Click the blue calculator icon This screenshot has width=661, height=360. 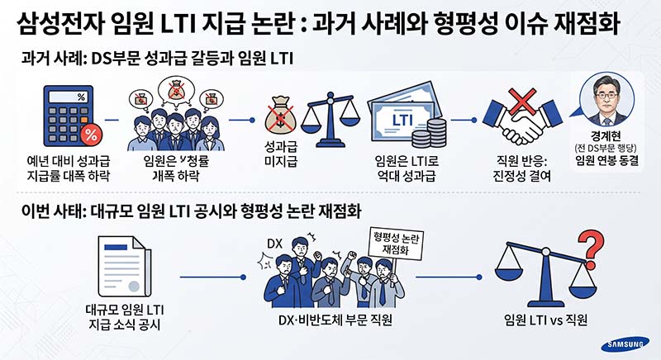tap(69, 116)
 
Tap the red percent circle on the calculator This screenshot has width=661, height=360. tap(91, 135)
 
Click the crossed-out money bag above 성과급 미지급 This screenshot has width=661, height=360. tap(280, 116)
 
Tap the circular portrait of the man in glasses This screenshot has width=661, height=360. tap(606, 100)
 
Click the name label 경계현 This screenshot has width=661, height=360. tap(606, 136)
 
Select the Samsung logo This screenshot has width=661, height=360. tap(625, 345)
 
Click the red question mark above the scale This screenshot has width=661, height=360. tap(592, 245)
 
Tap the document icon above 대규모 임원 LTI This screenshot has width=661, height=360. tap(124, 267)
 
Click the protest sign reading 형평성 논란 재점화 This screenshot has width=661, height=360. tap(396, 244)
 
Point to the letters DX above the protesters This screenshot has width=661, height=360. tap(274, 244)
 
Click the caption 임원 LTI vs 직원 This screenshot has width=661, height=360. tap(545, 320)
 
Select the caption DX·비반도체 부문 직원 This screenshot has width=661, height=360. tap(335, 320)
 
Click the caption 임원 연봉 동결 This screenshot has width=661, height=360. tap(606, 160)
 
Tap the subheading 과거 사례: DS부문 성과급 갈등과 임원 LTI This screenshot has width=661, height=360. tap(157, 58)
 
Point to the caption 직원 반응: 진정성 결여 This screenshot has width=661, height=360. tap(522, 168)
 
